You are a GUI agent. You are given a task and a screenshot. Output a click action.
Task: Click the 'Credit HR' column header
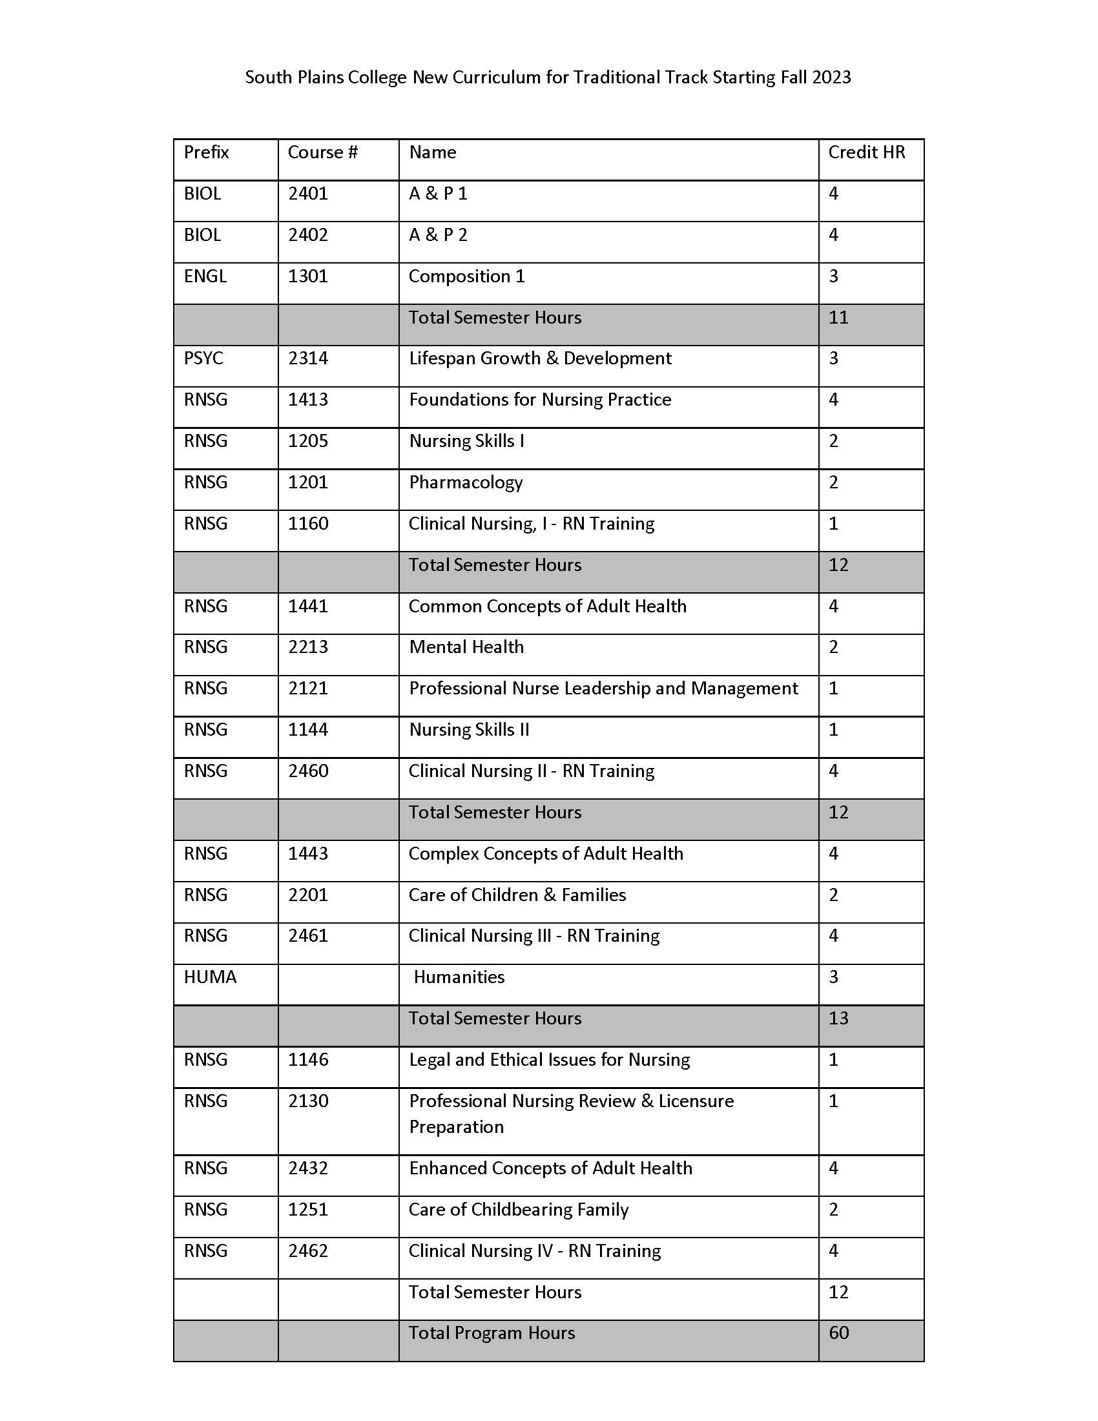tap(865, 152)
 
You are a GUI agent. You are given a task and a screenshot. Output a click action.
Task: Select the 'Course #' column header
tap(323, 152)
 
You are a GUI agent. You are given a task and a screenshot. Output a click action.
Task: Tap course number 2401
tap(307, 194)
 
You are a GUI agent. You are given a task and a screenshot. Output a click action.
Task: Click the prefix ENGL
tap(205, 276)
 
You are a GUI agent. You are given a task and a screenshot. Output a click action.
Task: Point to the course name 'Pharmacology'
tap(466, 482)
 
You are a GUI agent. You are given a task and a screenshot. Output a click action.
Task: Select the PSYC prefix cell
tap(203, 358)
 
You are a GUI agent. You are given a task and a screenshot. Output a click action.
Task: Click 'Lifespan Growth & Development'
tap(540, 358)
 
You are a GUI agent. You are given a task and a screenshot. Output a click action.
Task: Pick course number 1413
tap(307, 399)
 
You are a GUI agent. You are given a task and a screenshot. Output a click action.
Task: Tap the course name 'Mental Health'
tap(466, 647)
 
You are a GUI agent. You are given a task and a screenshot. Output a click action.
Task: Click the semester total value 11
tap(838, 318)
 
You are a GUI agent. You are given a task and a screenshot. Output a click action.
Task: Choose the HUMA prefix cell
tap(210, 977)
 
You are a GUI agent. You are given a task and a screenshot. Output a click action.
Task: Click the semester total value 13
tap(838, 1018)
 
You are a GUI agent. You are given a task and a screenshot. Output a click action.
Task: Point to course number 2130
tap(307, 1101)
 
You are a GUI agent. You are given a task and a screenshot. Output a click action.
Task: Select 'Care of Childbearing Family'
tap(519, 1210)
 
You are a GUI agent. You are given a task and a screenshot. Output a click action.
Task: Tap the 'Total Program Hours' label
tap(492, 1333)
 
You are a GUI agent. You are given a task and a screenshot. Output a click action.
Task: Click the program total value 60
tap(838, 1333)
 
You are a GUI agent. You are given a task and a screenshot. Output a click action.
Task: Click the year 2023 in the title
tap(831, 78)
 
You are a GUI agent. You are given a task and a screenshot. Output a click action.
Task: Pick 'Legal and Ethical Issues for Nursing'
tap(549, 1060)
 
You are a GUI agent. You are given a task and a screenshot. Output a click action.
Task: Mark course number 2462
tap(307, 1250)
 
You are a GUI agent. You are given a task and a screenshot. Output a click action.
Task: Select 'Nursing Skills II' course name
tap(469, 730)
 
